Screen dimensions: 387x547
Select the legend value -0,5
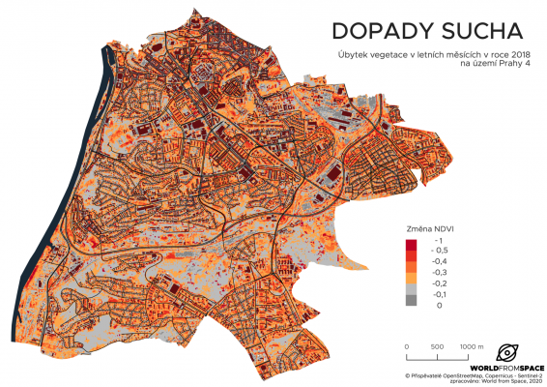(x=439, y=250)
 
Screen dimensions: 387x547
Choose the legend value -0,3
(x=439, y=272)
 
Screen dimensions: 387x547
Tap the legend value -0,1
(x=439, y=294)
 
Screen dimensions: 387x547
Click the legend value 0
(x=438, y=305)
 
